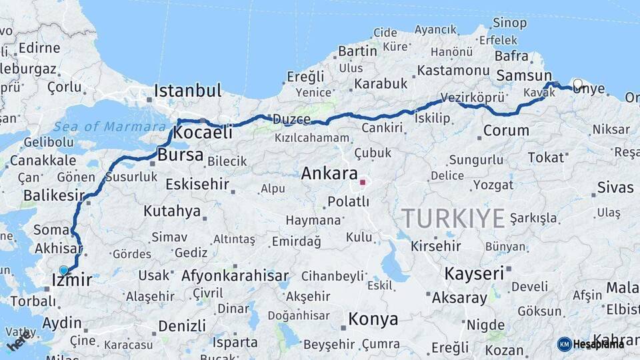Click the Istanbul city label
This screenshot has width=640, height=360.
click(x=187, y=91)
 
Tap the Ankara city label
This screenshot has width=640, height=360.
click(x=329, y=174)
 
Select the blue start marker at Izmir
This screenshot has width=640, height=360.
click(x=64, y=270)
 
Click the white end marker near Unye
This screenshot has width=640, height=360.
click(x=577, y=85)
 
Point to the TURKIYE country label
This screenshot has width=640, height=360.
click(x=454, y=218)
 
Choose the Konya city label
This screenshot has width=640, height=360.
click(x=373, y=319)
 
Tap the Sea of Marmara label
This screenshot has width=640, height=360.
click(x=110, y=127)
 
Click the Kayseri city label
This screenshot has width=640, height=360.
click(x=474, y=273)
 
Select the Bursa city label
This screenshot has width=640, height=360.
click(x=181, y=155)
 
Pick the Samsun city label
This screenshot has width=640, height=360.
click(x=524, y=76)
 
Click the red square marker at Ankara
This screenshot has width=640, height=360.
click(x=363, y=181)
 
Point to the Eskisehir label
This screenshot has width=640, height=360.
click(x=197, y=184)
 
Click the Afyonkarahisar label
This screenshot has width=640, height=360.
click(x=235, y=275)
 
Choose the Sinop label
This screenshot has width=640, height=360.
click(x=509, y=23)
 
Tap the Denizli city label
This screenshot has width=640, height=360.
click(x=182, y=326)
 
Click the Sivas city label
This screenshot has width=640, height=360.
click(x=615, y=187)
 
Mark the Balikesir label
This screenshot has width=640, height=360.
click(x=54, y=195)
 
